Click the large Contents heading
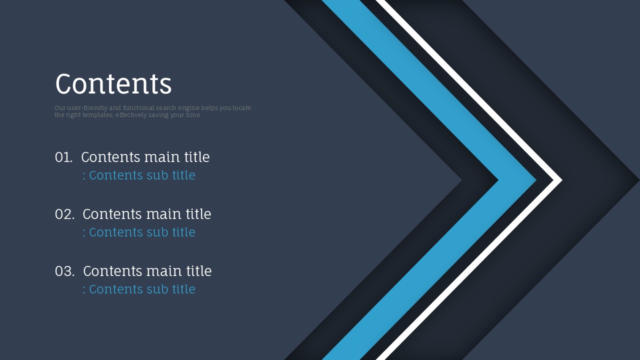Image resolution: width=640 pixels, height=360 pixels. (113, 83)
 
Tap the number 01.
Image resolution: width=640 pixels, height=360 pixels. (63, 157)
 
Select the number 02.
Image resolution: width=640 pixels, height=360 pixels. (64, 214)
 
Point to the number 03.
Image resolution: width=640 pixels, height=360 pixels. (64, 271)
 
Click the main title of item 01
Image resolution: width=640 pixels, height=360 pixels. (145, 157)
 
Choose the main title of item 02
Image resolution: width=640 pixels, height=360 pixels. (147, 213)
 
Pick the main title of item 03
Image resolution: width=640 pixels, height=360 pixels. (147, 270)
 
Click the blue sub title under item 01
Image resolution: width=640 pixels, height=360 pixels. (139, 175)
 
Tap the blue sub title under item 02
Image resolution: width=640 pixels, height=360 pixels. (139, 232)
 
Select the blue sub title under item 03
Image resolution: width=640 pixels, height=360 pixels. (139, 289)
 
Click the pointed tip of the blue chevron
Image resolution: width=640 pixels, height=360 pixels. (535, 180)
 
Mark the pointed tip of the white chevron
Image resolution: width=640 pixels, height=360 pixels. (562, 180)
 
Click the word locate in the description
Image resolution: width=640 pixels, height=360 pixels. (241, 108)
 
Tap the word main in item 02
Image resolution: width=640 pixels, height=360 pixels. (163, 213)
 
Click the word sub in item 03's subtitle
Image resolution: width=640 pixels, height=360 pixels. (157, 289)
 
